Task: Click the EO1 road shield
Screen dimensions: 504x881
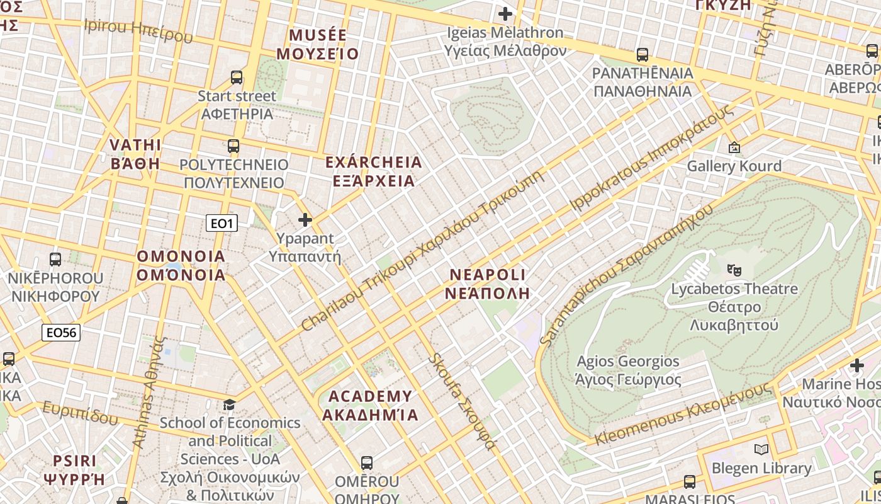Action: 222,223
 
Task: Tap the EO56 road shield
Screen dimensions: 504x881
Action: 61,333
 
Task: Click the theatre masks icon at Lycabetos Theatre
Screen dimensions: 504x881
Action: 734,270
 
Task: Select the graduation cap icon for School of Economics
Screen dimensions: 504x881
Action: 229,404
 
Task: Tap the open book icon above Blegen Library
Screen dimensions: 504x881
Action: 761,449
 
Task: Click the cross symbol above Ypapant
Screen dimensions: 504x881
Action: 305,220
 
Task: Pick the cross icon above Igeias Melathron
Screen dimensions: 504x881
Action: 505,13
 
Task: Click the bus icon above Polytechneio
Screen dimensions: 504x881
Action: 233,146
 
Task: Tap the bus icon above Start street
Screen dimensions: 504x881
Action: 237,77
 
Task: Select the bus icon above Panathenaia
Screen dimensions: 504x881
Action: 642,55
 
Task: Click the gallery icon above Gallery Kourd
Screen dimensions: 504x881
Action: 734,147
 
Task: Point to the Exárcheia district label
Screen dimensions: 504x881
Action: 373,171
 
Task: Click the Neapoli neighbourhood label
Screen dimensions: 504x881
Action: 487,283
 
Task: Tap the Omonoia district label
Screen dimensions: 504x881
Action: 181,265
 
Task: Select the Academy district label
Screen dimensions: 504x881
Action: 370,405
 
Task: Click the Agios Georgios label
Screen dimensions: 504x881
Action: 627,370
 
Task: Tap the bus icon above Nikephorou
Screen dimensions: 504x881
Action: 55,259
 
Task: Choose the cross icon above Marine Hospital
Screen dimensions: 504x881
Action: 856,365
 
